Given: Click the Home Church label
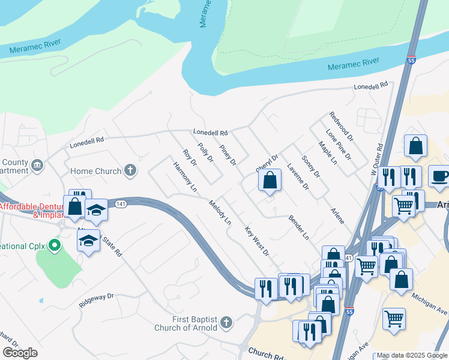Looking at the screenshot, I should tap(96, 171).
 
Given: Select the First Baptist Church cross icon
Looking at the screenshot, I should tap(226, 323).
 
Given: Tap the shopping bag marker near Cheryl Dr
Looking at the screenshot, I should tap(270, 180).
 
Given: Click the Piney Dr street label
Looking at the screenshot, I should tap(228, 155).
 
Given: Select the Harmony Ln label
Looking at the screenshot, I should tap(185, 176).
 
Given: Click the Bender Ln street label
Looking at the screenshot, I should tap(298, 227).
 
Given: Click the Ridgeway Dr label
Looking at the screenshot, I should tap(96, 300).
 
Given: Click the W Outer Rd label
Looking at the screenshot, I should tap(376, 159).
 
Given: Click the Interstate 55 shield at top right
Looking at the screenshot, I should tap(411, 61).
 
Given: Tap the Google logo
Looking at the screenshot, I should tap(20, 353).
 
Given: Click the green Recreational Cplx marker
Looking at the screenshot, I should tap(55, 245).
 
